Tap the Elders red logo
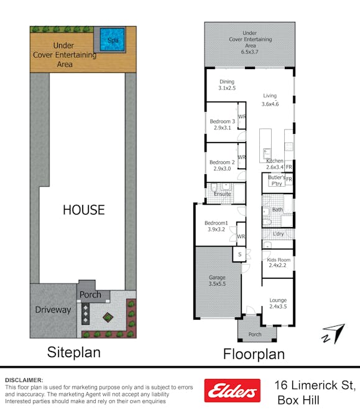pos(233,390)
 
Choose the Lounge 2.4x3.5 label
pos(278,303)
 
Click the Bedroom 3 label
pos(222,124)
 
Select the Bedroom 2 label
pos(222,165)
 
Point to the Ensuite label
pos(222,194)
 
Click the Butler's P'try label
pos(275,180)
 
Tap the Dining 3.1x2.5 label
pos(227,85)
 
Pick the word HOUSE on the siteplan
pos(83,210)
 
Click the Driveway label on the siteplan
pos(53,309)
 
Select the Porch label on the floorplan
pos(255,335)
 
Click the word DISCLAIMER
pos(24,380)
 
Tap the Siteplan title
pos(73,353)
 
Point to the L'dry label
pos(278,233)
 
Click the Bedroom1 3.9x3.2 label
pos(216,226)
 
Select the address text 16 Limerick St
pos(315,386)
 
